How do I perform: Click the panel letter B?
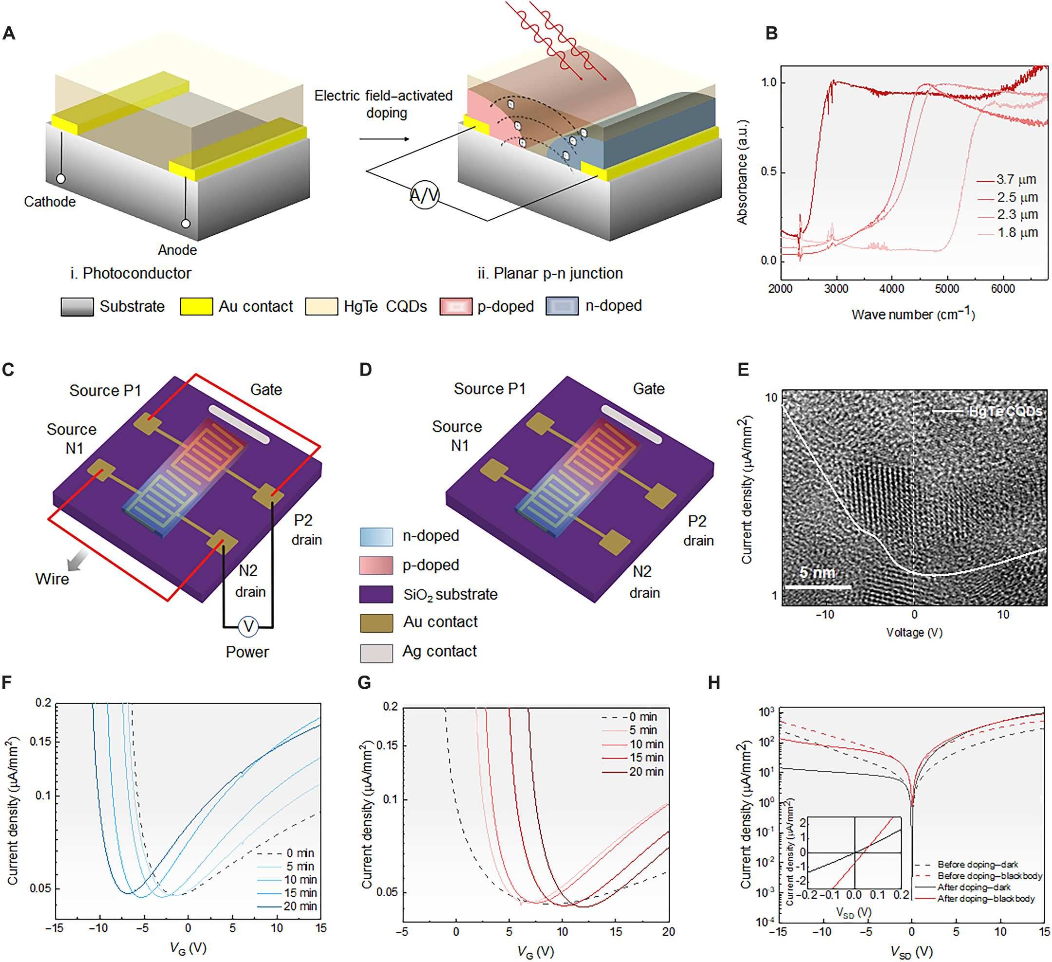(x=771, y=34)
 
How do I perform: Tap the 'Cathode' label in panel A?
(x=50, y=202)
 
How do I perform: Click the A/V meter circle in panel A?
(x=424, y=195)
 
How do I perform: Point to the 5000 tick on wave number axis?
(x=947, y=289)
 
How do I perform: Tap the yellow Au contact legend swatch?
(x=196, y=306)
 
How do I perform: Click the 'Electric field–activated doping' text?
(x=384, y=104)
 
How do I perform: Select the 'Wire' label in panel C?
(x=52, y=579)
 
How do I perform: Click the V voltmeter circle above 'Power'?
(x=248, y=626)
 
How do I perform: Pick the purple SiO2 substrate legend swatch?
(x=376, y=594)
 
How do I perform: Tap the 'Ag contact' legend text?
(x=439, y=651)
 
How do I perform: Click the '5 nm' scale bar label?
(x=817, y=573)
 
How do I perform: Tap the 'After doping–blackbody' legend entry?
(x=985, y=898)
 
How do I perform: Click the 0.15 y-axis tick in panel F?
(x=42, y=742)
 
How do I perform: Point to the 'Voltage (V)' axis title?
(x=914, y=632)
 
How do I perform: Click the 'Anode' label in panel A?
(x=177, y=250)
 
